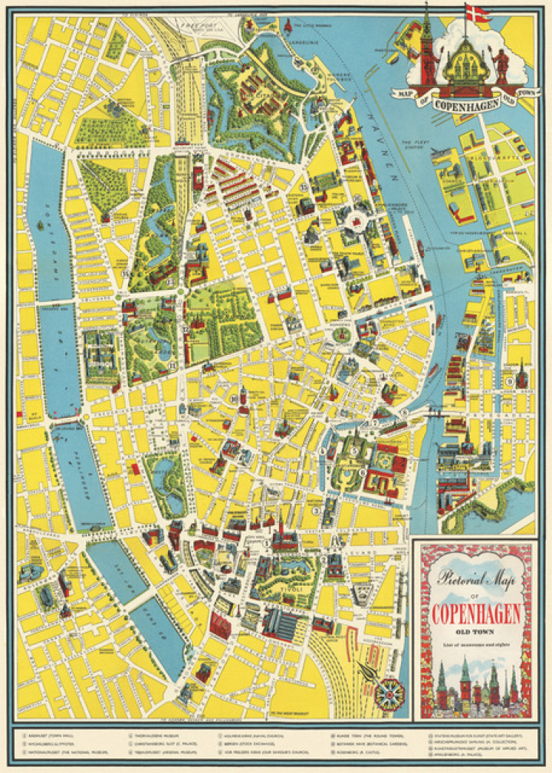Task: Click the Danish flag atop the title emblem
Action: click(476, 13)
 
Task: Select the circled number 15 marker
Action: click(304, 187)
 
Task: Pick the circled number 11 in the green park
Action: click(174, 364)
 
